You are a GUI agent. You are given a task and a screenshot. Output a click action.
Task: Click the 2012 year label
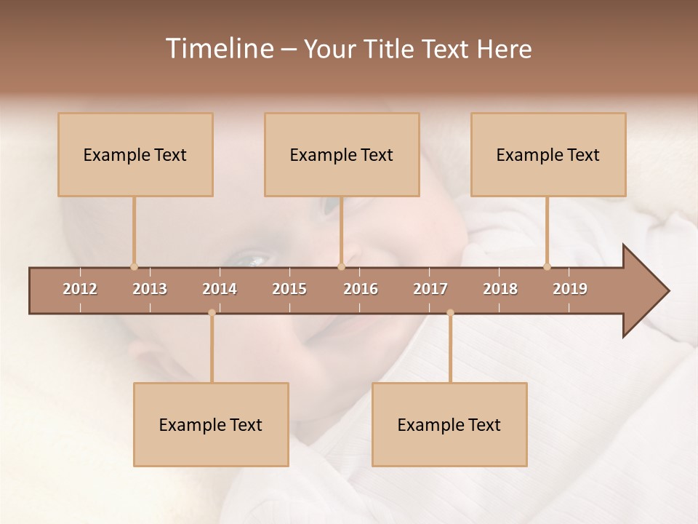click(x=80, y=289)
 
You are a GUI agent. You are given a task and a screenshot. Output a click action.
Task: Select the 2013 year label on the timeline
click(x=150, y=289)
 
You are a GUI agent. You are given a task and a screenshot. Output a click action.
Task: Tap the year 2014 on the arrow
click(x=220, y=289)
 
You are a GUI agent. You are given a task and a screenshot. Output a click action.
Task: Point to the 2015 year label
click(x=289, y=289)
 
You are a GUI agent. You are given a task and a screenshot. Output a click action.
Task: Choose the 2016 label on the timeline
click(x=361, y=289)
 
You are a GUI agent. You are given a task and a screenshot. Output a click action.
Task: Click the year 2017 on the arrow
click(x=430, y=289)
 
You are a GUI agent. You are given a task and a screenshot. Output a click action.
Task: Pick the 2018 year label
click(x=500, y=289)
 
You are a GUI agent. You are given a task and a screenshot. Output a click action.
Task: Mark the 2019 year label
click(x=570, y=289)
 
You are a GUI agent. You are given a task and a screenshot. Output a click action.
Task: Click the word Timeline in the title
click(x=219, y=49)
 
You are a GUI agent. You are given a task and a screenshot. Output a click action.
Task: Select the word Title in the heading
click(x=390, y=49)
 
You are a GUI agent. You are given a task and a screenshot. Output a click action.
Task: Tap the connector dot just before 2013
click(x=134, y=266)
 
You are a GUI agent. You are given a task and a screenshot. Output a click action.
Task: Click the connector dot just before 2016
click(x=341, y=266)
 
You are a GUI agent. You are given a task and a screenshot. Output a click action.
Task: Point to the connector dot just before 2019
click(x=547, y=266)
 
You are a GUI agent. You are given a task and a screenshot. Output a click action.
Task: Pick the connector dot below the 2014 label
click(x=212, y=313)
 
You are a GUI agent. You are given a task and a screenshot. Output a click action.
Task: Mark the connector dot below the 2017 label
click(x=450, y=313)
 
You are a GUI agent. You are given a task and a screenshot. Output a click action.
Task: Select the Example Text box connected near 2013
click(x=135, y=154)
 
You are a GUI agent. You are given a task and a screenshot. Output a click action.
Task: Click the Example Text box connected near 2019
click(x=548, y=154)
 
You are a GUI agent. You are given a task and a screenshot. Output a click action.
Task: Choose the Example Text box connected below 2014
click(x=211, y=424)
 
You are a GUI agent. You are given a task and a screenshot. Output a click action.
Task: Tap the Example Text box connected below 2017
click(x=449, y=424)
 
